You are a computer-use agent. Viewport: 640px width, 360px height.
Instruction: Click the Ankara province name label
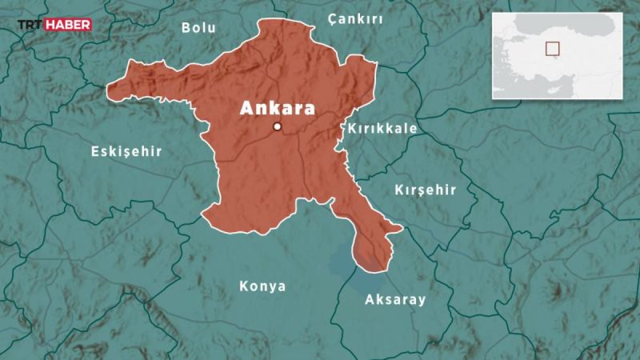(x=277, y=108)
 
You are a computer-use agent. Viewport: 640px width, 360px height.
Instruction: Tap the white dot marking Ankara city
(x=277, y=126)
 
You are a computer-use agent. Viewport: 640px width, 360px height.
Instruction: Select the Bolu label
(x=198, y=28)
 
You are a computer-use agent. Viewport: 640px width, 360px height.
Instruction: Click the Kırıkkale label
(x=382, y=129)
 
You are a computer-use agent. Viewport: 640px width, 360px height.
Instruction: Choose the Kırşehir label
(x=425, y=190)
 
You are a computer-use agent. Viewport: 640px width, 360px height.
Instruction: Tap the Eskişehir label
(x=126, y=151)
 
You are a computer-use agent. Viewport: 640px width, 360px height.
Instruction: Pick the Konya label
(x=262, y=286)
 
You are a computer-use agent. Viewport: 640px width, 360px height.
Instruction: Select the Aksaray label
(x=395, y=300)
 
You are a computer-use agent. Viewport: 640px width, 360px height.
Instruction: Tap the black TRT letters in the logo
(x=29, y=25)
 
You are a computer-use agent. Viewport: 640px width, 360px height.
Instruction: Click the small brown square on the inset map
(x=552, y=49)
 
